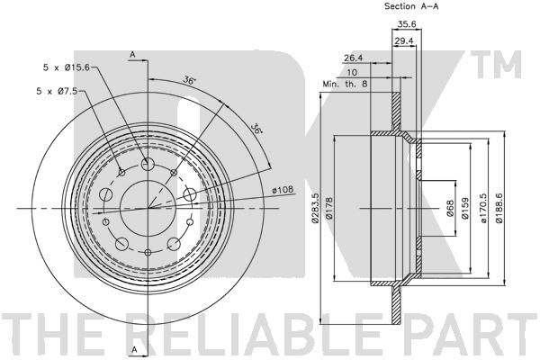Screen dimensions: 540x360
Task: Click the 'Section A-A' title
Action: point(411,6)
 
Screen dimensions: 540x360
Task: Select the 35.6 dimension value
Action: point(407,24)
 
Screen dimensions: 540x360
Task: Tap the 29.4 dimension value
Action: point(403,41)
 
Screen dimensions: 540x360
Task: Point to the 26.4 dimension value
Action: point(354,58)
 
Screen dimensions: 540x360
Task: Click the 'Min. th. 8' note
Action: point(345,84)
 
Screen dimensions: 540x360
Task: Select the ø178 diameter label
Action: point(328,208)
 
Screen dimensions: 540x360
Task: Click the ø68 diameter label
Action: point(451,208)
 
